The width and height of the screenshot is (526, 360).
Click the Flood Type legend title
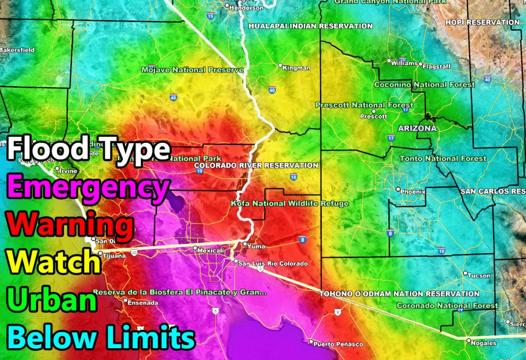click(88, 149)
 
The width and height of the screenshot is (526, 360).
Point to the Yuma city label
click(256, 246)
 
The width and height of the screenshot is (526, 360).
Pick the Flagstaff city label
click(437, 65)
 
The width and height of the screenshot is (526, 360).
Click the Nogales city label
click(485, 343)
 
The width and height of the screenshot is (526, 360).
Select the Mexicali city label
click(212, 250)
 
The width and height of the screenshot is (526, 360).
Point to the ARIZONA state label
click(417, 128)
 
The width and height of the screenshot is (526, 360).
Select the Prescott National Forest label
click(357, 105)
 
